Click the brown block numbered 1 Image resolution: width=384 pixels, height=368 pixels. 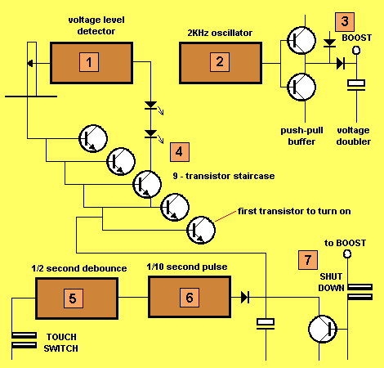pyautogui.click(x=92, y=63)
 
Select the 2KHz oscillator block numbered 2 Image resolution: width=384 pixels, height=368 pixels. pyautogui.click(x=221, y=63)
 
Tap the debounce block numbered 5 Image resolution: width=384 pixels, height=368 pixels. pyautogui.click(x=77, y=298)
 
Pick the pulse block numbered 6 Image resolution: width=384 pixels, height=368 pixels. pyautogui.click(x=190, y=297)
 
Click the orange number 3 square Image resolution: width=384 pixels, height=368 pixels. pyautogui.click(x=345, y=22)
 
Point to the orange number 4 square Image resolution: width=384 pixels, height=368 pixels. pyautogui.click(x=180, y=152)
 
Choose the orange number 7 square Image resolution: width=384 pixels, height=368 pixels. pyautogui.click(x=308, y=260)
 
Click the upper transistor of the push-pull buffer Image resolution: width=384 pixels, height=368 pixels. pyautogui.click(x=301, y=40)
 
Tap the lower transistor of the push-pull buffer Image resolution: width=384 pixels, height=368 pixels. pyautogui.click(x=301, y=87)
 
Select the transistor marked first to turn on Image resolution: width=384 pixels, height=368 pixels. pyautogui.click(x=201, y=230)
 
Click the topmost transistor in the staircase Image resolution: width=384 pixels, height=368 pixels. pyautogui.click(x=93, y=138)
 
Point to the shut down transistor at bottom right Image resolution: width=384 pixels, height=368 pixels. pyautogui.click(x=323, y=329)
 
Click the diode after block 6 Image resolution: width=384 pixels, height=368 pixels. pyautogui.click(x=245, y=297)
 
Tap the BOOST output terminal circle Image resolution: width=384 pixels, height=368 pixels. pyautogui.click(x=356, y=50)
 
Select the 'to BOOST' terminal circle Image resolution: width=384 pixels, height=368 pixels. pyautogui.click(x=347, y=254)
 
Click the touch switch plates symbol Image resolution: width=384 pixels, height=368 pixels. pyautogui.click(x=24, y=340)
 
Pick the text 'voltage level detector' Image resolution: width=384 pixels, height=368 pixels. pyautogui.click(x=96, y=25)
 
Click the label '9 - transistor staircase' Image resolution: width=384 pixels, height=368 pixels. pyautogui.click(x=224, y=176)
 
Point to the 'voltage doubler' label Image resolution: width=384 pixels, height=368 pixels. pyautogui.click(x=354, y=136)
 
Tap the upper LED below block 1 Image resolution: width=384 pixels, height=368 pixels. pyautogui.click(x=150, y=105)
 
